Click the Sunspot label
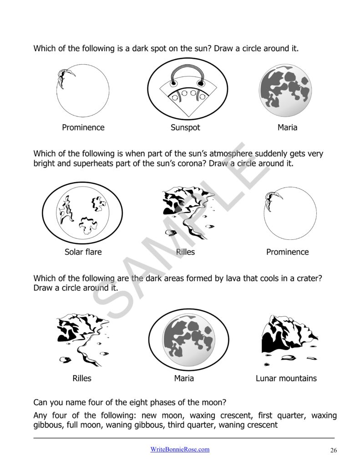click(185, 128)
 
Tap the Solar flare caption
click(83, 252)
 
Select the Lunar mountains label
click(286, 379)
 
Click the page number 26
click(334, 451)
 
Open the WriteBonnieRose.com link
click(180, 449)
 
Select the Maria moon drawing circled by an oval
click(188, 339)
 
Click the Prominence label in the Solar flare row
click(287, 252)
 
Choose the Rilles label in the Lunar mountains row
click(82, 379)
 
